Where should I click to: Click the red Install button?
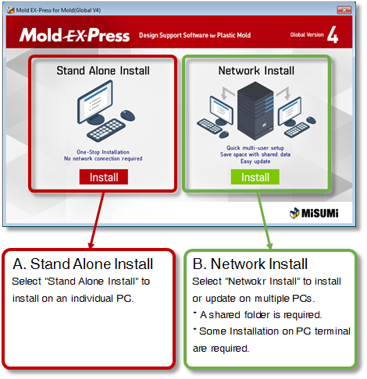click(x=104, y=177)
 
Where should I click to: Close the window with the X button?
click(x=344, y=10)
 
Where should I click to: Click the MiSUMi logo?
click(x=314, y=213)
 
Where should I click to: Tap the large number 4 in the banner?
click(x=333, y=35)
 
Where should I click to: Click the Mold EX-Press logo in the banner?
click(x=74, y=35)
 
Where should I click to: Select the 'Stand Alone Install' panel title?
click(x=103, y=71)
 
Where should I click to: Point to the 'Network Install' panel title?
click(x=256, y=71)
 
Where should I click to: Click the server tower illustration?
click(x=255, y=111)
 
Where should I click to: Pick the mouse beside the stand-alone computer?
click(x=127, y=115)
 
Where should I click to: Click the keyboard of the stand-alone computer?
click(x=106, y=130)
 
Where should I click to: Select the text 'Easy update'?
click(x=255, y=161)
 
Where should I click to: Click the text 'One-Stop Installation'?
click(x=103, y=152)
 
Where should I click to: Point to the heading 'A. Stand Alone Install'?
click(x=83, y=264)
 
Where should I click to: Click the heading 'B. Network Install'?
click(x=250, y=264)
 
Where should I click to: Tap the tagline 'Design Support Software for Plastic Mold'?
click(x=194, y=35)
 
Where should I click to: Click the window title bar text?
click(x=59, y=10)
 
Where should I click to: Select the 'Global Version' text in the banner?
click(x=307, y=34)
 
